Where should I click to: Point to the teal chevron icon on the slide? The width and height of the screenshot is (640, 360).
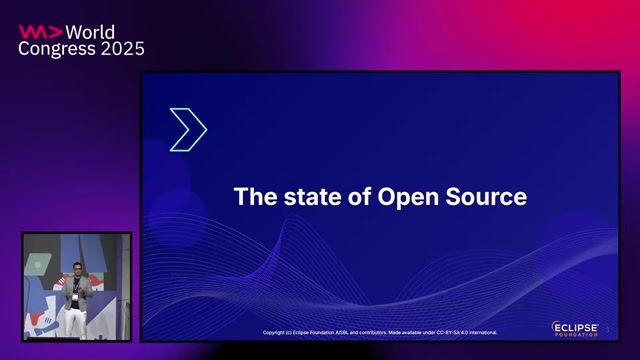coord(188,129)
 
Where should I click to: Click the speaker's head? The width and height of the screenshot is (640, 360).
coord(76,273)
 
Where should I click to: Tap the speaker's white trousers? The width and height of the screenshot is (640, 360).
coord(76,319)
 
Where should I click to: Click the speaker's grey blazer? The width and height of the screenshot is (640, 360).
coord(77,291)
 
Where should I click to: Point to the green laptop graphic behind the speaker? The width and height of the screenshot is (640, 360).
coord(37,264)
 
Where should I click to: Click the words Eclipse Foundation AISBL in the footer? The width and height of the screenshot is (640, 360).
coord(318,332)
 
